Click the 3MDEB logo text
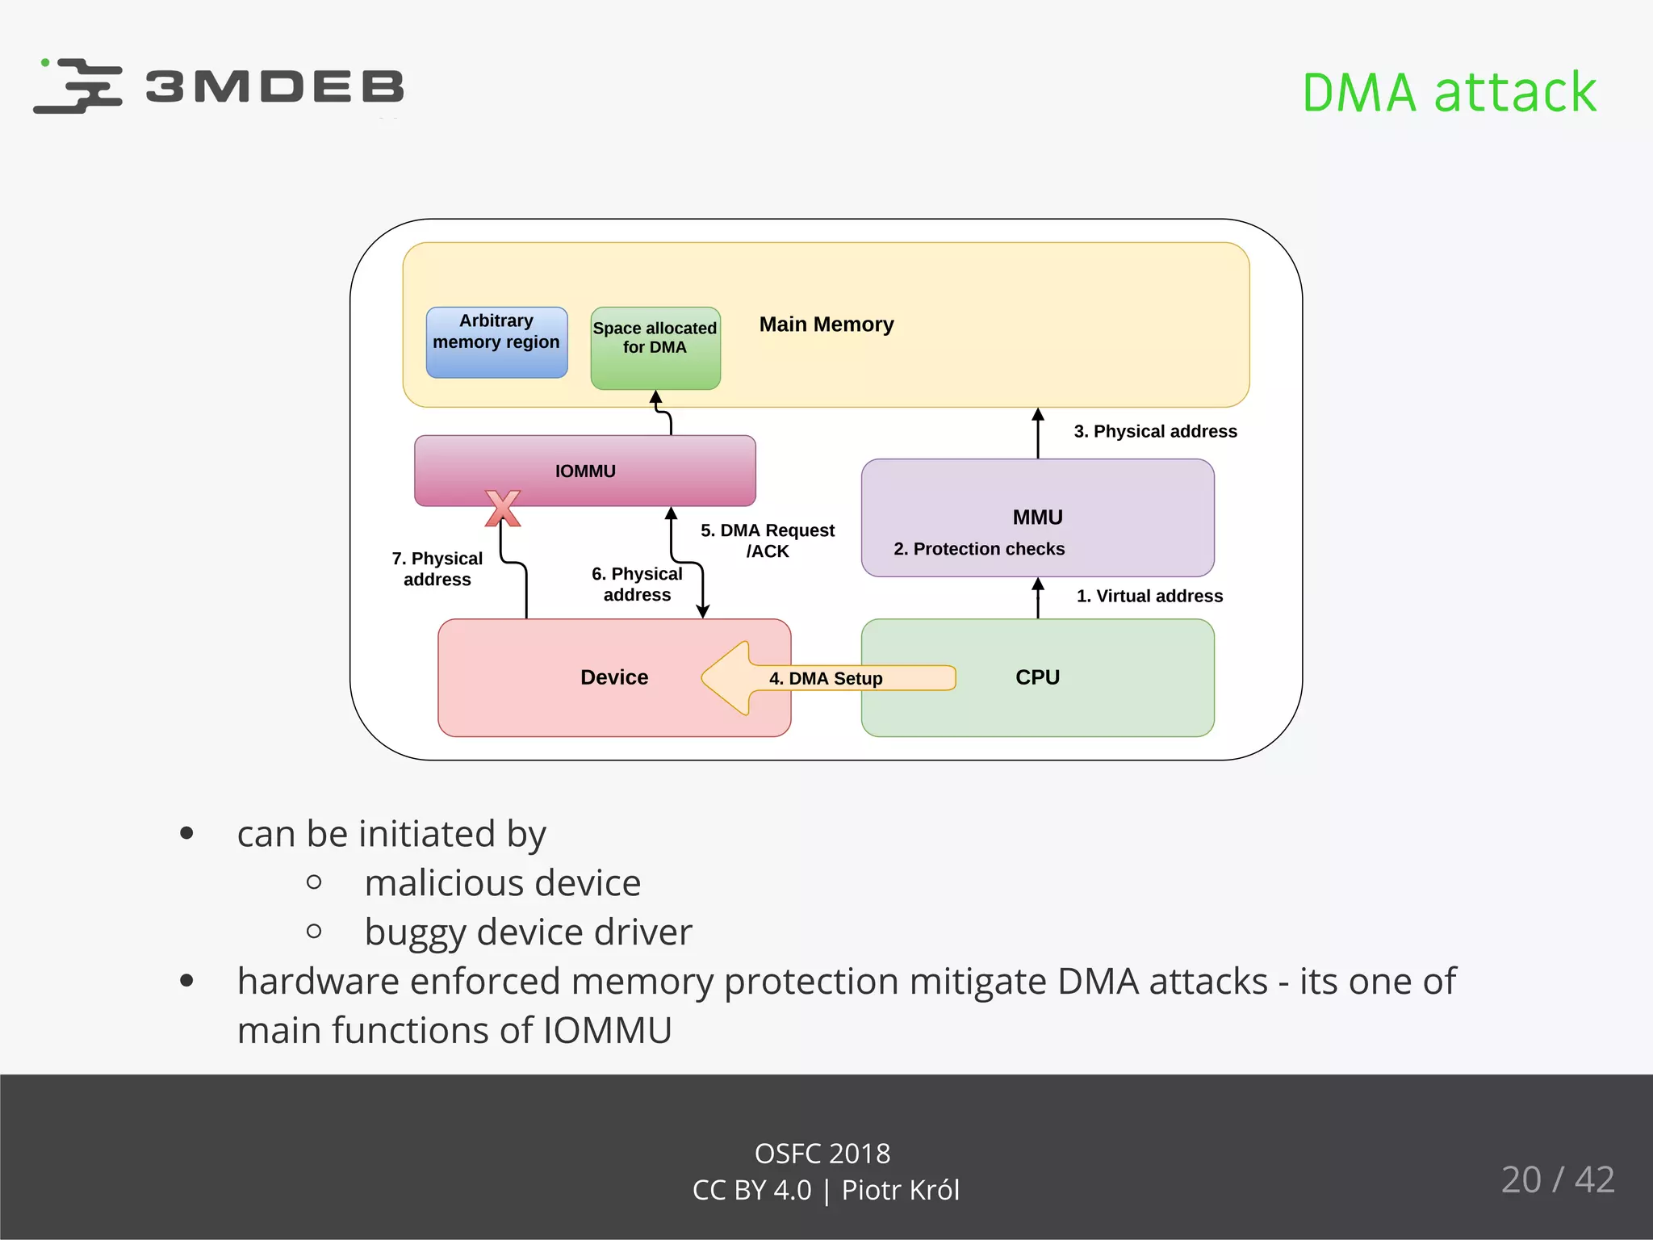tap(274, 86)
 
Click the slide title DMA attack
tap(1449, 92)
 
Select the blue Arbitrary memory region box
tap(496, 342)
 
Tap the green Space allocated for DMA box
tap(655, 348)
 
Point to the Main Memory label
tap(826, 325)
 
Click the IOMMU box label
tap(585, 471)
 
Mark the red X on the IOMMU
tap(503, 509)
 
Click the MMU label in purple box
tap(1037, 517)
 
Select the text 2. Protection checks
tap(978, 549)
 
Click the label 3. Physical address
tap(1154, 431)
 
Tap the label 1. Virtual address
tap(1149, 596)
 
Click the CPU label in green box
tap(1037, 677)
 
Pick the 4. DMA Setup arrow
tap(825, 678)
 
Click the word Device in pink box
tap(613, 677)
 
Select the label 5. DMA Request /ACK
tap(767, 540)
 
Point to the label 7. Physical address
tap(437, 568)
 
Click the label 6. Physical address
tap(636, 584)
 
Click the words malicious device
tap(502, 882)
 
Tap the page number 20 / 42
tap(1557, 1179)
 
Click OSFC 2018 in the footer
tap(822, 1154)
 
